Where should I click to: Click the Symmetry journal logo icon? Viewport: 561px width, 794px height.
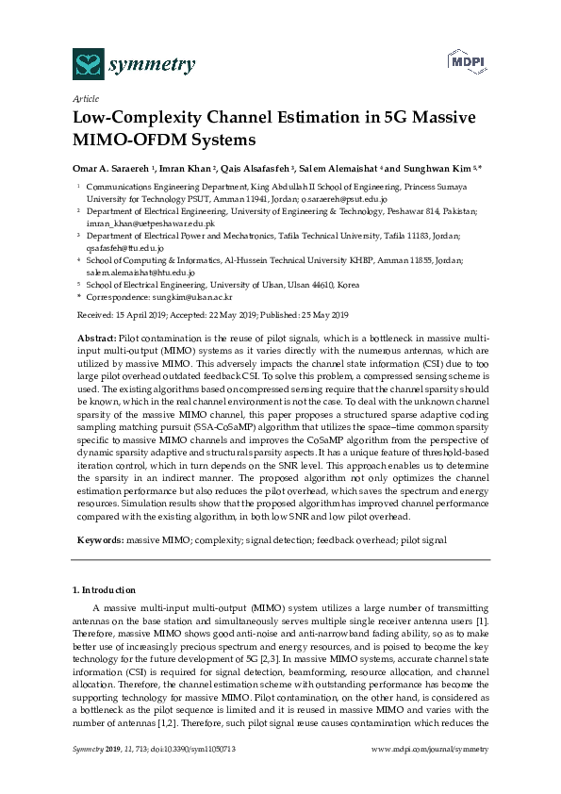[x=89, y=64]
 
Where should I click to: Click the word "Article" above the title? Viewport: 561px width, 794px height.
[x=84, y=98]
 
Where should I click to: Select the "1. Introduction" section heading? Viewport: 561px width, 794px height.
[x=107, y=589]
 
